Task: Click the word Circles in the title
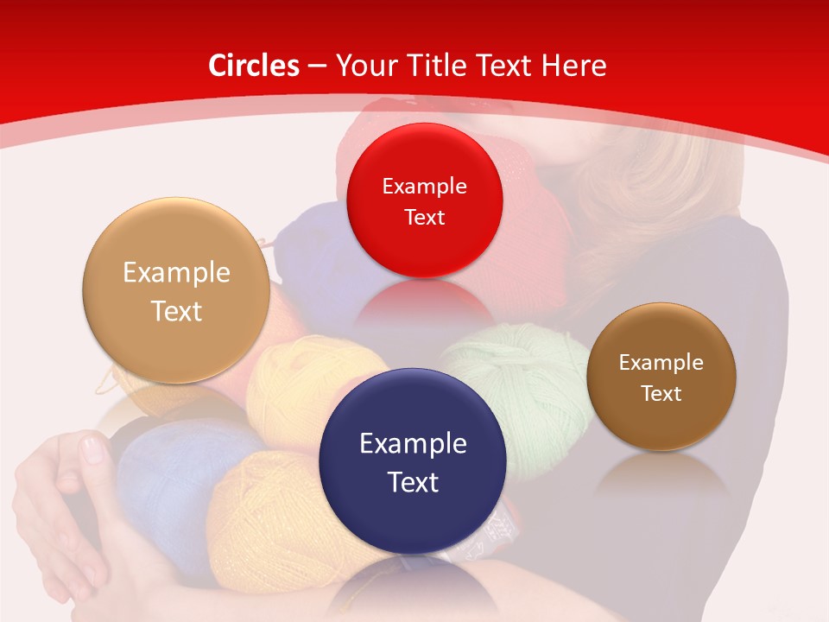coord(253,66)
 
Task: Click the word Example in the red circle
coord(424,186)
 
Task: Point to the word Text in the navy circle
coord(413,482)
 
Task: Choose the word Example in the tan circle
coord(176,273)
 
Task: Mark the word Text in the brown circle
coord(661,394)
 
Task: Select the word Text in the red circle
coord(424,217)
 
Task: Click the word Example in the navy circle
coord(413,443)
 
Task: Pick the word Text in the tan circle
coord(176,311)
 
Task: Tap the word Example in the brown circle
coord(661,363)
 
